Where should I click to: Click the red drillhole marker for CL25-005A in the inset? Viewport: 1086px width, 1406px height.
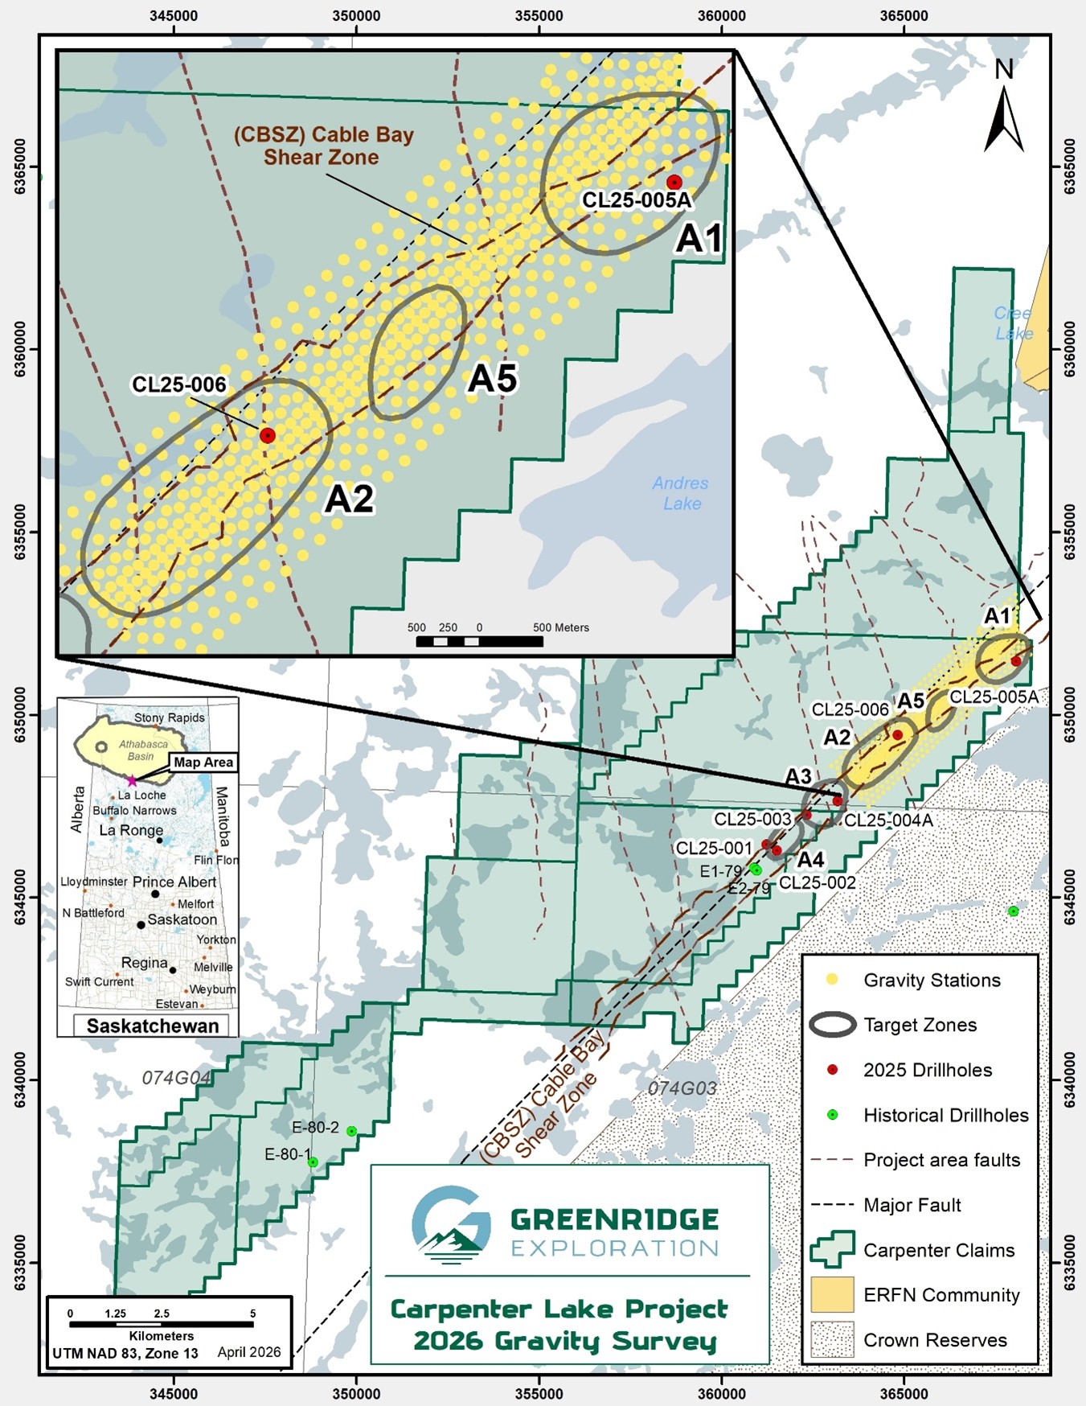click(674, 182)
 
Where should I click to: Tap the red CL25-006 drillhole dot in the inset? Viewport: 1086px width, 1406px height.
click(268, 435)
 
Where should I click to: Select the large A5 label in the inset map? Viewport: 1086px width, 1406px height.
click(493, 378)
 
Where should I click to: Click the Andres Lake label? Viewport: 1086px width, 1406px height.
click(681, 493)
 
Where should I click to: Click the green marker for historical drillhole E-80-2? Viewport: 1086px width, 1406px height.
click(351, 1131)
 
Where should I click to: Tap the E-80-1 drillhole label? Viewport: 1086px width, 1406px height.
click(287, 1154)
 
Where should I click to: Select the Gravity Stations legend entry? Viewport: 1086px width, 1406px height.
click(931, 980)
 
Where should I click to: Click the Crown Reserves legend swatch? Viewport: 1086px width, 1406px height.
click(832, 1339)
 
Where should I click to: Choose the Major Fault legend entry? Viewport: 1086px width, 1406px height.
click(912, 1205)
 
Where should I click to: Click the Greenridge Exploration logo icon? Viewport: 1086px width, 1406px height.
click(451, 1224)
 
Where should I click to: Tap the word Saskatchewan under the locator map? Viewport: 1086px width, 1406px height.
click(153, 1026)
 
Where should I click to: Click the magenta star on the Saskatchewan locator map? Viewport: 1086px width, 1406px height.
click(132, 781)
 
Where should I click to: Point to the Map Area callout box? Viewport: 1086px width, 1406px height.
click(203, 762)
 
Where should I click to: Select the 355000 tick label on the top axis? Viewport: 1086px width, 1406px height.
click(539, 15)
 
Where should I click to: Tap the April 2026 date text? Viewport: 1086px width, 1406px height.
click(249, 1352)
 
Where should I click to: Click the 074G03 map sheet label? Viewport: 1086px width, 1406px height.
click(682, 1088)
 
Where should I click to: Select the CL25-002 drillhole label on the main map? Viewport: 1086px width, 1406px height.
click(818, 882)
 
